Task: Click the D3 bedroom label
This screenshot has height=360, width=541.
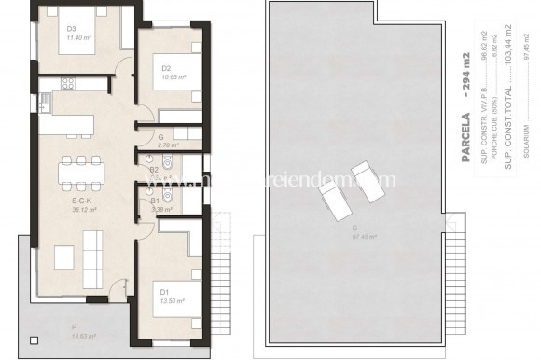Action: [x=71, y=28]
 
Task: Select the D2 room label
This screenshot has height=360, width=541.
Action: [x=166, y=67]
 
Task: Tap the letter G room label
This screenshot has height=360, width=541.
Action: [x=161, y=137]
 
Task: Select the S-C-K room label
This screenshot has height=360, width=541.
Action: [x=81, y=200]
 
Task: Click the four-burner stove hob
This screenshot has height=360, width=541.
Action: [x=68, y=84]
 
